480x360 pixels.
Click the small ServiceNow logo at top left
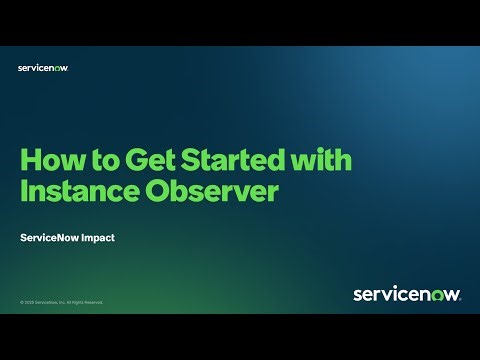coord(43,68)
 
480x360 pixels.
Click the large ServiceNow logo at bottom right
coord(406,294)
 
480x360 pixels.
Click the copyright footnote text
coord(61,301)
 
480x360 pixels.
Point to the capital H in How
coord(31,161)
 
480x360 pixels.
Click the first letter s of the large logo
coord(358,295)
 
